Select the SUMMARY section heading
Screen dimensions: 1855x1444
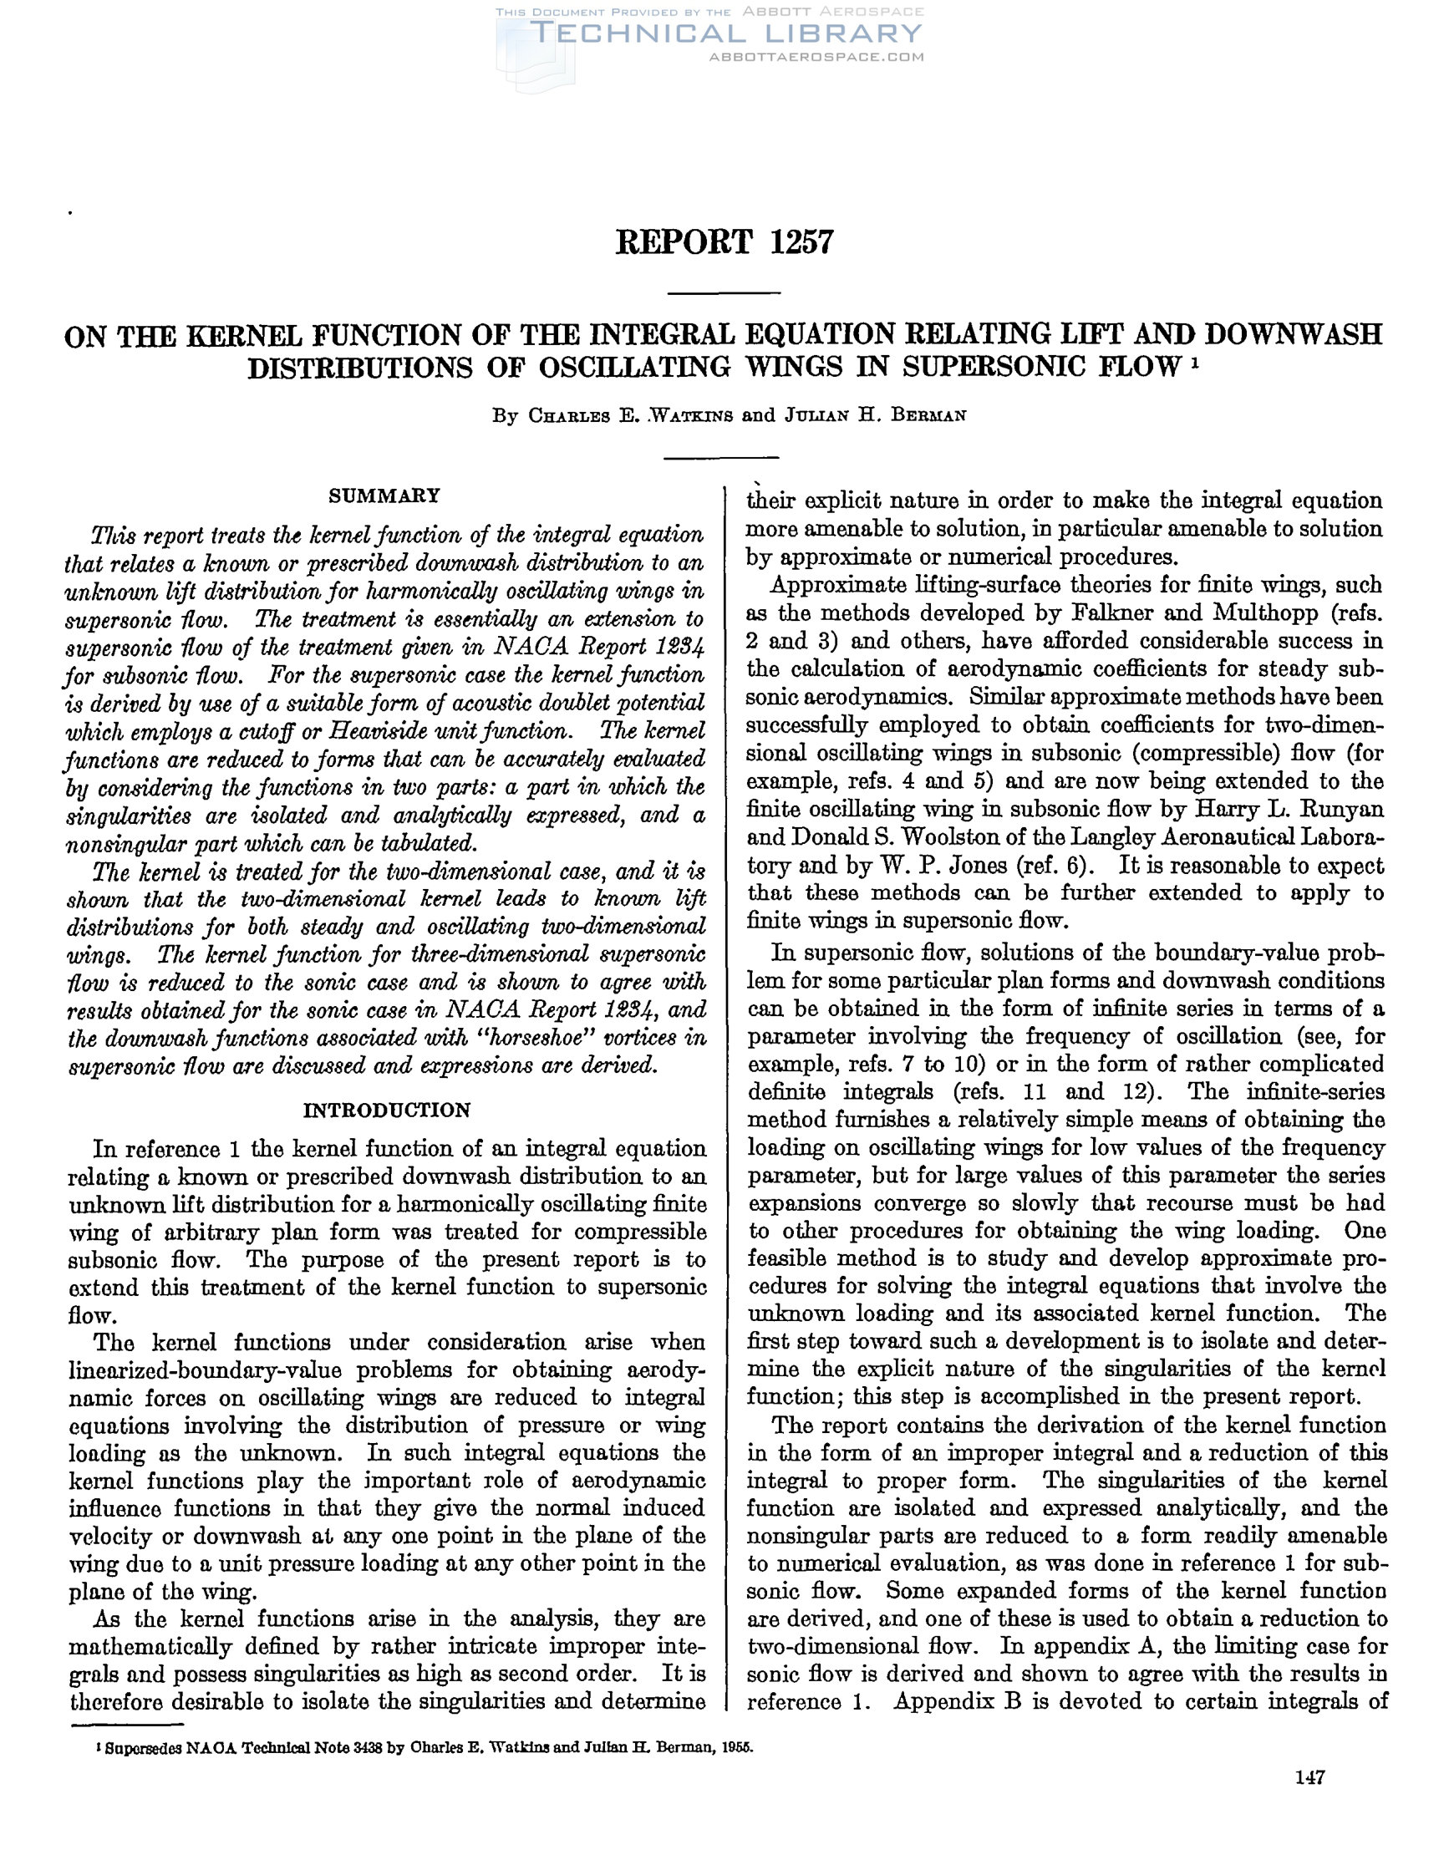(x=384, y=496)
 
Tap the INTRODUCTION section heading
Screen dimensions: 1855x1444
(x=386, y=1110)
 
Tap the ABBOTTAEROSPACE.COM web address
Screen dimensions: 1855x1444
(x=816, y=57)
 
